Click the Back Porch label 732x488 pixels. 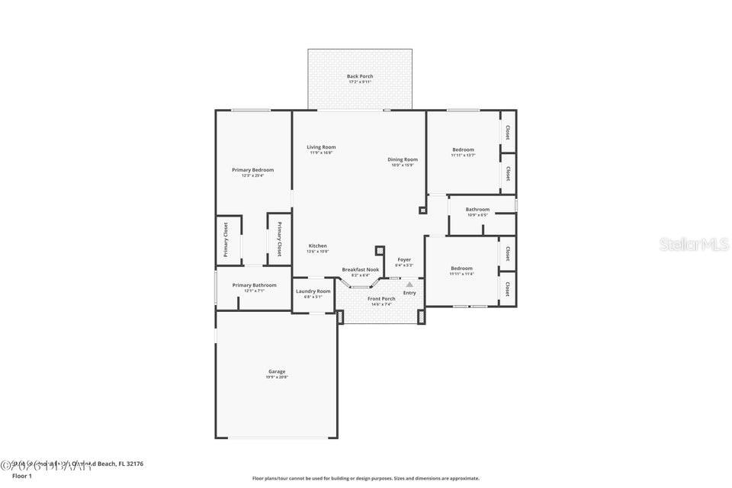click(x=359, y=76)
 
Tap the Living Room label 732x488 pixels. click(x=321, y=147)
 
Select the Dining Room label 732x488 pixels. click(x=403, y=159)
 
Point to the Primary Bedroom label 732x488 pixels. click(x=252, y=170)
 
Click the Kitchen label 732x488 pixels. click(x=317, y=246)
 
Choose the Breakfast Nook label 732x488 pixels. click(x=360, y=269)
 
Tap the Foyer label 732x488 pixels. click(x=403, y=259)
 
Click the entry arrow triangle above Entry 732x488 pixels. click(x=409, y=284)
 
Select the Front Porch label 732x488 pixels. click(x=381, y=299)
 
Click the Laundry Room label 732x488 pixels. click(x=313, y=291)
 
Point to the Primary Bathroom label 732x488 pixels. click(x=254, y=285)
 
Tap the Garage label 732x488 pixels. click(x=276, y=371)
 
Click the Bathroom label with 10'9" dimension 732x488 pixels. click(x=477, y=209)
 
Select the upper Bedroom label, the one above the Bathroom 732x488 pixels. click(x=463, y=149)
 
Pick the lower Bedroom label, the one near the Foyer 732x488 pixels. click(x=461, y=268)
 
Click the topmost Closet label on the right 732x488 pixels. click(x=508, y=132)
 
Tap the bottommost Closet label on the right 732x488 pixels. click(x=508, y=288)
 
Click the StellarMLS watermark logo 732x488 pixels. click(x=694, y=244)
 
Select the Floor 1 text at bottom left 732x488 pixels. click(x=21, y=476)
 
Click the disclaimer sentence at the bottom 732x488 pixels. click(x=366, y=478)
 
